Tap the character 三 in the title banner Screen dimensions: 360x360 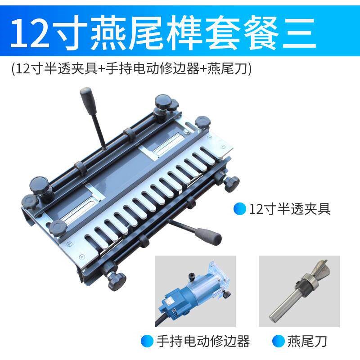pyautogui.click(x=299, y=33)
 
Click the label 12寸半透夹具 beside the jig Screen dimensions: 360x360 pyautogui.click(x=290, y=209)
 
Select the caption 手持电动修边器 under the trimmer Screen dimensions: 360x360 pyautogui.click(x=203, y=341)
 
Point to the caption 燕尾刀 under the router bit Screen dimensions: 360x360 pyautogui.click(x=307, y=341)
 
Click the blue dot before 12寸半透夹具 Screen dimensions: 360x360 pyautogui.click(x=240, y=209)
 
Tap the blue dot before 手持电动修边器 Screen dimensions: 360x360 pyautogui.click(x=147, y=341)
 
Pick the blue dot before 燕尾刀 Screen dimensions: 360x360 pyautogui.click(x=279, y=341)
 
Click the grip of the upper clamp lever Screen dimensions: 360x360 pyautogui.click(x=86, y=99)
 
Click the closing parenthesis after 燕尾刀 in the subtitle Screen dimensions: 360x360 pyautogui.click(x=250, y=69)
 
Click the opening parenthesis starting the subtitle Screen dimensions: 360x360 pyautogui.click(x=13, y=69)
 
